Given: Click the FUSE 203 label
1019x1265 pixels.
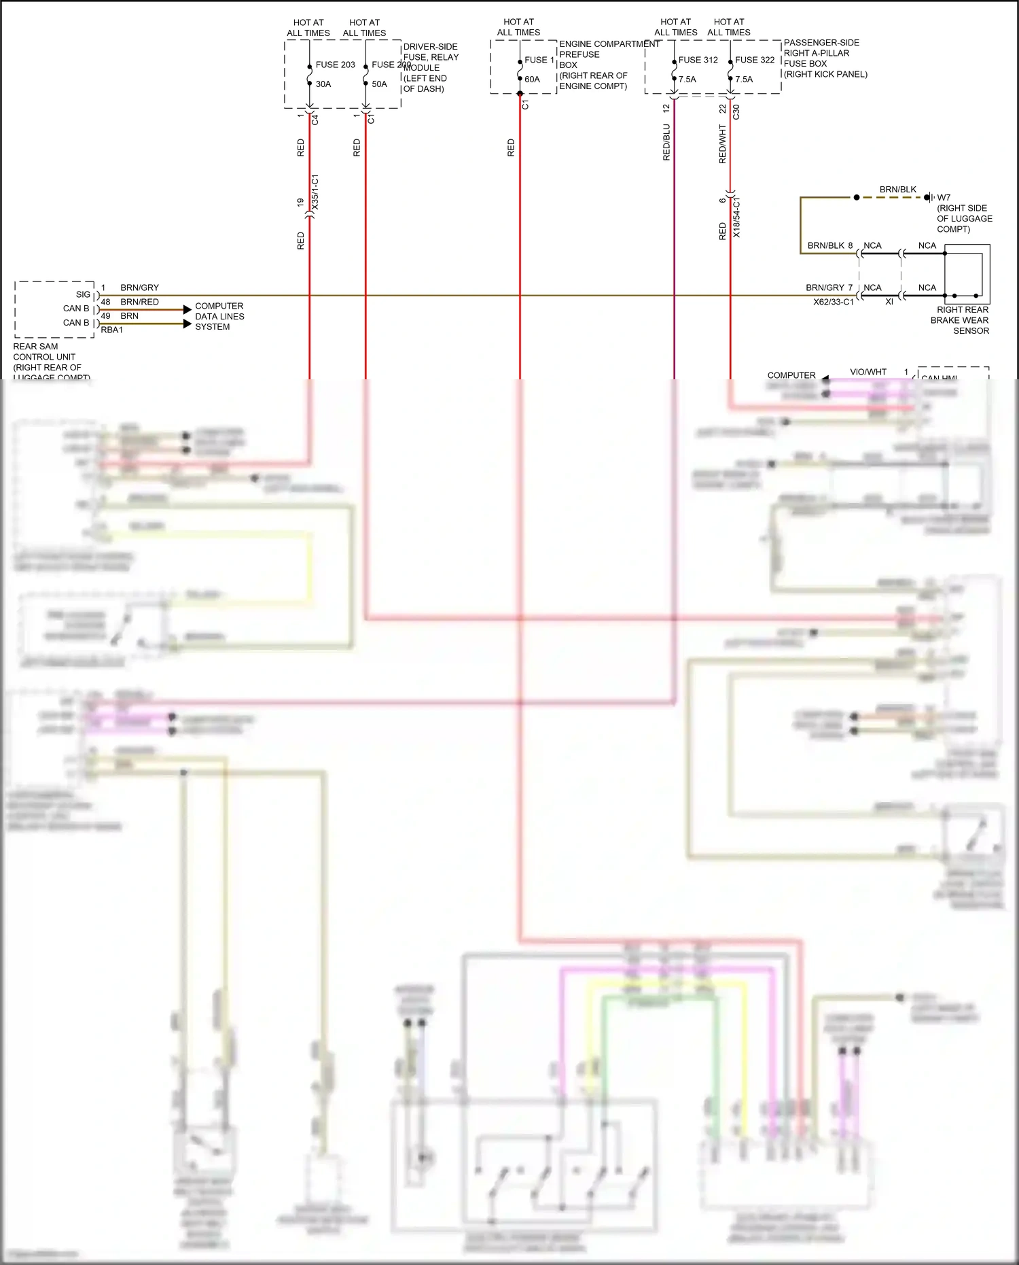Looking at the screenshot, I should tap(335, 65).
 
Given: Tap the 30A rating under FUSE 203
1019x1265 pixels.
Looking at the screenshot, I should tap(323, 84).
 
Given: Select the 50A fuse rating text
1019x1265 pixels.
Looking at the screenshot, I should tap(379, 84).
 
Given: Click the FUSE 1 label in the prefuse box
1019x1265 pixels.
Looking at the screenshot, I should tap(539, 60).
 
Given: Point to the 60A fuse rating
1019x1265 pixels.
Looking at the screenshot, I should tap(532, 80).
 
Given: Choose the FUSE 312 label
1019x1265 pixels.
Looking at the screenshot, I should tap(698, 60).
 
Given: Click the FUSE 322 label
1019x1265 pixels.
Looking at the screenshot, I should tap(755, 60).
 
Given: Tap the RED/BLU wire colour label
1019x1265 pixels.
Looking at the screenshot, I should tap(666, 142).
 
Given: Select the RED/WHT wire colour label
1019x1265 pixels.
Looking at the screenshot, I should tap(723, 143).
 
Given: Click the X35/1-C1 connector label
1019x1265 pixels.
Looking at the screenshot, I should tap(315, 192).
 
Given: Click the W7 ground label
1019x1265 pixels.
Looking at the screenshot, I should tap(944, 198).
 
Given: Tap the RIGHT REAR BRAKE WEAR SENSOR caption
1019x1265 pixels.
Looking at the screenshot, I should tap(960, 320).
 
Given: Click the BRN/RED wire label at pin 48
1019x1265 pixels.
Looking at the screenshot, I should tap(139, 302).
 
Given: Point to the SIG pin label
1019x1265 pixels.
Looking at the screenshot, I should tap(83, 294).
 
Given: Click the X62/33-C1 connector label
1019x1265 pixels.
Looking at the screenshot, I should tap(833, 302).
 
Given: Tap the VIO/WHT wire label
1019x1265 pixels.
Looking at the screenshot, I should tap(868, 372).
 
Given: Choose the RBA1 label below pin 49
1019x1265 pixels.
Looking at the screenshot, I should tap(112, 330).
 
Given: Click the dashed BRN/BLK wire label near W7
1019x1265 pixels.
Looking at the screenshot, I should tap(897, 189).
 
